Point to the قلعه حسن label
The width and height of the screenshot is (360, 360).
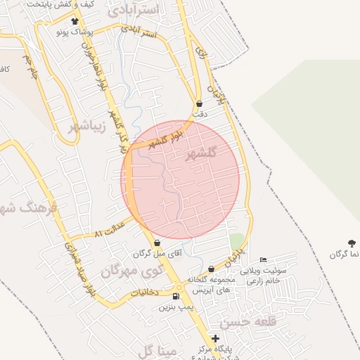pyautogui.click(x=245, y=322)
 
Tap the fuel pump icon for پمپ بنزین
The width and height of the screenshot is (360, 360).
pyautogui.click(x=175, y=297)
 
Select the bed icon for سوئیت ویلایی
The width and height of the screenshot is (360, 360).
pyautogui.click(x=264, y=260)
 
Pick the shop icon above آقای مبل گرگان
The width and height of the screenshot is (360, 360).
pyautogui.click(x=157, y=243)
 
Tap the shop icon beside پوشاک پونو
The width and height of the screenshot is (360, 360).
pyautogui.click(x=75, y=22)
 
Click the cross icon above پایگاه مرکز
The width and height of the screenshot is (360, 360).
pyautogui.click(x=215, y=339)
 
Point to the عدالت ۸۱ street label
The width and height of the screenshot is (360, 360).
pyautogui.click(x=108, y=229)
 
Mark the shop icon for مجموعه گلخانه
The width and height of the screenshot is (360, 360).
pyautogui.click(x=211, y=269)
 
